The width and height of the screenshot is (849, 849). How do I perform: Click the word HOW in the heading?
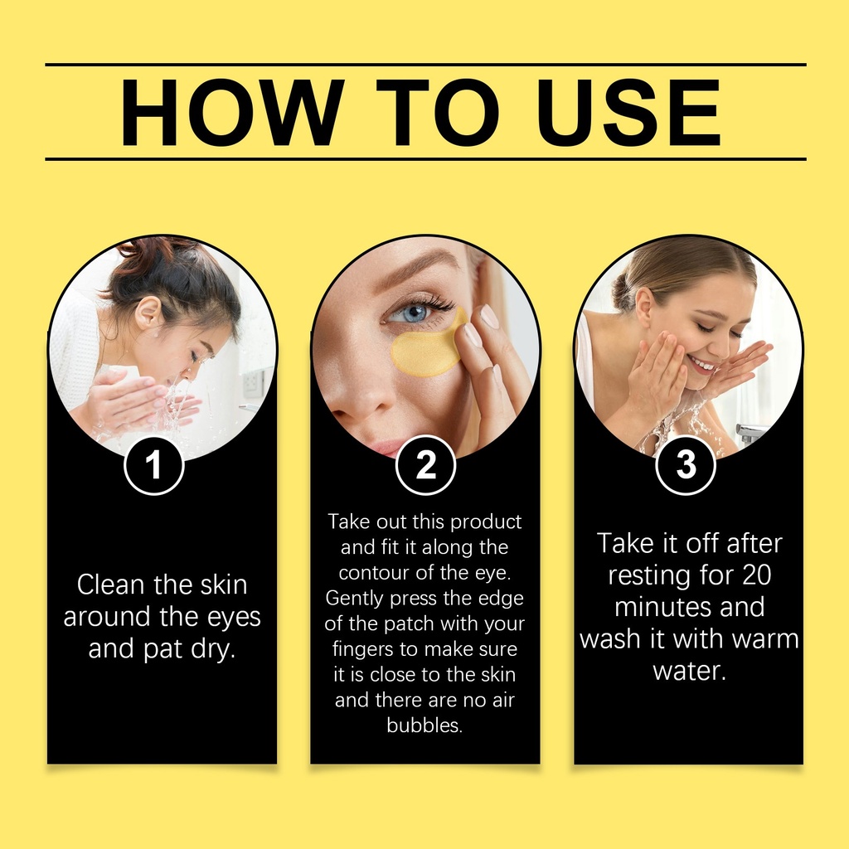pyautogui.click(x=232, y=112)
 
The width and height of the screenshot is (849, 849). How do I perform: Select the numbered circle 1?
pyautogui.click(x=154, y=465)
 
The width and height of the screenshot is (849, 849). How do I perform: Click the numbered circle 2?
pyautogui.click(x=425, y=464)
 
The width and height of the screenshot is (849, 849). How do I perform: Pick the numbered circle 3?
pyautogui.click(x=686, y=464)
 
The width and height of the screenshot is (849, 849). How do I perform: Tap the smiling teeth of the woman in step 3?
pyautogui.click(x=703, y=365)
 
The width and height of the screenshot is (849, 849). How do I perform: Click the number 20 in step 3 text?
pyautogui.click(x=756, y=575)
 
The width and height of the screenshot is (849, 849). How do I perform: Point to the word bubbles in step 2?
pyautogui.click(x=425, y=725)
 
